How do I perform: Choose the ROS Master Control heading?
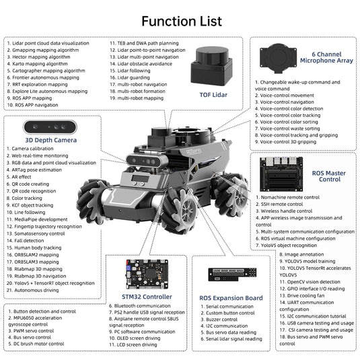click(328, 177)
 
